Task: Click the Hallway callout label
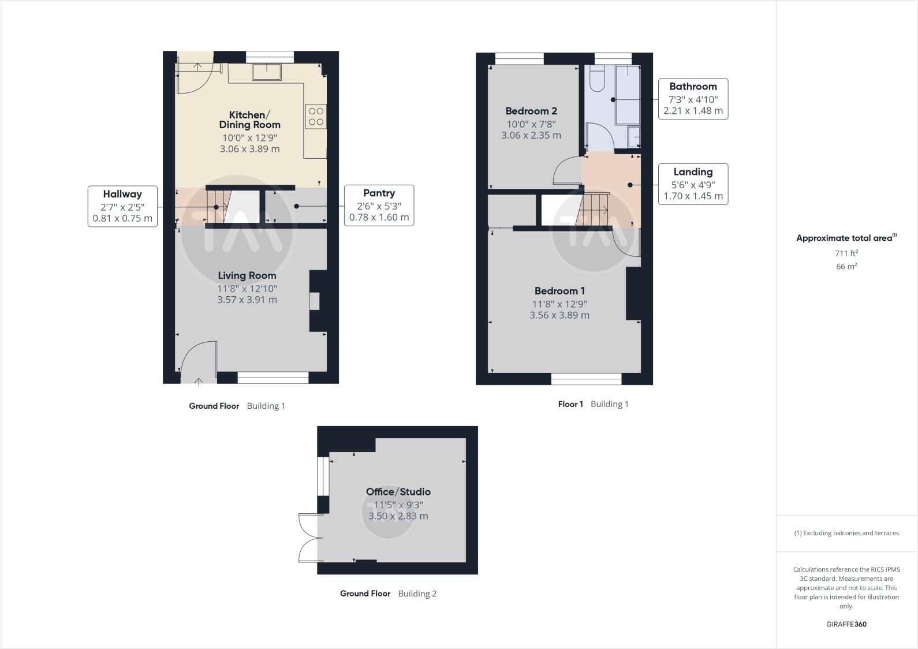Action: [122, 195]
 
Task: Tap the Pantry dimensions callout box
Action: [379, 206]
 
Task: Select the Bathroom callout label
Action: [693, 87]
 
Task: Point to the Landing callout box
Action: [693, 184]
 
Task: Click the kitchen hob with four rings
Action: [316, 115]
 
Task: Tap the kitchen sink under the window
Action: [266, 72]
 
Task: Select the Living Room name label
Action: [247, 275]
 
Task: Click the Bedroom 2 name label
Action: [531, 111]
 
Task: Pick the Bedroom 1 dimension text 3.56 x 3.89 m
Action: [559, 315]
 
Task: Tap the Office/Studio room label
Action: [398, 492]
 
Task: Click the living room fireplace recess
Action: [315, 301]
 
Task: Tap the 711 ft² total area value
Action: [846, 253]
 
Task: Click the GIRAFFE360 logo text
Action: [846, 624]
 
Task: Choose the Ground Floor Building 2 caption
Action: [388, 594]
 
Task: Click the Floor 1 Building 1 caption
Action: [593, 404]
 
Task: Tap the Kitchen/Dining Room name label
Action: [249, 120]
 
